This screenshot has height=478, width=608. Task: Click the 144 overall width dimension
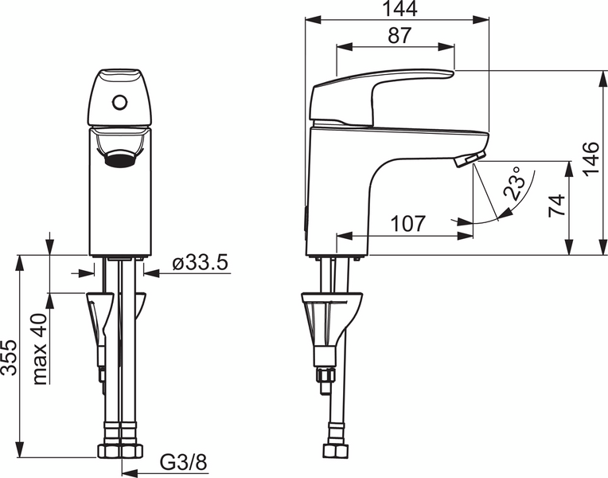395,10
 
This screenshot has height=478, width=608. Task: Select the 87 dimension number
396,36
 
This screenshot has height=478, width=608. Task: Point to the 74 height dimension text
558,206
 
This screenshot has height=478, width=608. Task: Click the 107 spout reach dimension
409,224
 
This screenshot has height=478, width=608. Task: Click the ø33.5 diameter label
200,262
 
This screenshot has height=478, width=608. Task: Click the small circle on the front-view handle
120,102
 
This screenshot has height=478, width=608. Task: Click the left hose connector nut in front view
108,451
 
